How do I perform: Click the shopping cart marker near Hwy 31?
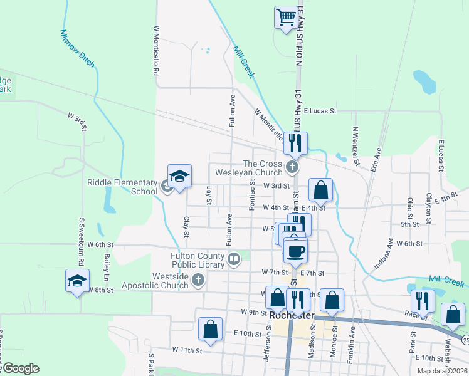click(286, 17)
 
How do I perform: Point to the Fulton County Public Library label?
click(198, 260)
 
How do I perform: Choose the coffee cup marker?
click(295, 251)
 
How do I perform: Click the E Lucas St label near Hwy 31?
click(320, 111)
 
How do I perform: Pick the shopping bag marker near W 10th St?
click(210, 329)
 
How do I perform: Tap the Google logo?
click(20, 368)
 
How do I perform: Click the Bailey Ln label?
click(107, 267)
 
